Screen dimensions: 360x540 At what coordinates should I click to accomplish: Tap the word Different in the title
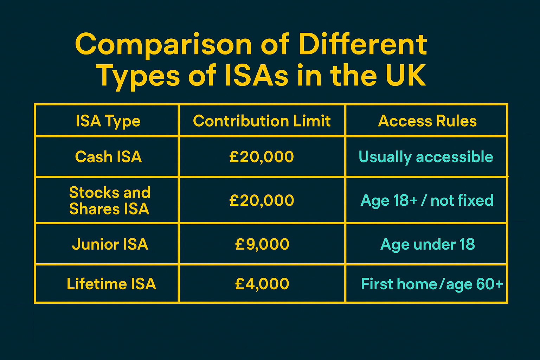[x=363, y=44]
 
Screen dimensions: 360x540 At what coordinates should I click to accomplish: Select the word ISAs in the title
[x=256, y=76]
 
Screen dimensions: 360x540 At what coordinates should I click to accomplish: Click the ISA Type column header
[x=108, y=121]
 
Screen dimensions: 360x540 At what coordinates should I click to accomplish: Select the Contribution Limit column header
[x=262, y=121]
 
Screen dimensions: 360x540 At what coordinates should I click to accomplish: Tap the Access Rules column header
[x=427, y=121]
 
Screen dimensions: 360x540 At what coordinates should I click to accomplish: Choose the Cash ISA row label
[x=108, y=157]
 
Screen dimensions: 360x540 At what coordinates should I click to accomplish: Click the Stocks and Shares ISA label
[x=109, y=201]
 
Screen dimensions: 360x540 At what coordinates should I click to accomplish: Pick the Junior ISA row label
[x=110, y=244]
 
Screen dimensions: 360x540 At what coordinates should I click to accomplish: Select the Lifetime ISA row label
[x=111, y=284]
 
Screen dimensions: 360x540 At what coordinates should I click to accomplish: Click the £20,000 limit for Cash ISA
[x=262, y=157]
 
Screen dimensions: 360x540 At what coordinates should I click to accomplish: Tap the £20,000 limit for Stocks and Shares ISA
[x=262, y=201]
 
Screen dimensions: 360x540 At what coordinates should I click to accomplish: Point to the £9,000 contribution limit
[x=262, y=244]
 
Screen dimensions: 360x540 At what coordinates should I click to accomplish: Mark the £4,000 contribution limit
[x=262, y=284]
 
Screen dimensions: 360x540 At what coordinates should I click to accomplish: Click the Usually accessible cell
[x=426, y=157]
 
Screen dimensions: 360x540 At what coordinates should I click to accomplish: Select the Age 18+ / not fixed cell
[x=427, y=201]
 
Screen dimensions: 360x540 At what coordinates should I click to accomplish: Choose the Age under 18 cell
[x=427, y=244]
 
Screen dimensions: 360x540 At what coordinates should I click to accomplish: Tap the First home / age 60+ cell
[x=432, y=284]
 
